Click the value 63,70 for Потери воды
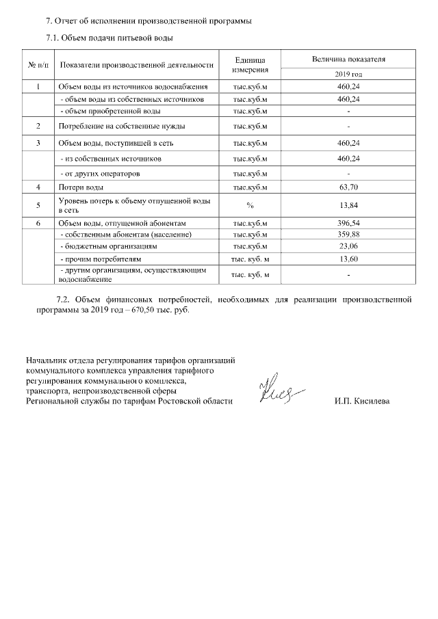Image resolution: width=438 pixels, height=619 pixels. click(348, 187)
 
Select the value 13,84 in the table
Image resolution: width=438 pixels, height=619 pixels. click(348, 205)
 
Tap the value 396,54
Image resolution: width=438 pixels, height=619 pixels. click(348, 224)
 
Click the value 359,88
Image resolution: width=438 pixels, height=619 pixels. click(348, 235)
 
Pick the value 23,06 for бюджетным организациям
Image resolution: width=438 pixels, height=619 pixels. click(348, 246)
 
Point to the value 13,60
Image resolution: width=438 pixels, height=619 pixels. click(348, 259)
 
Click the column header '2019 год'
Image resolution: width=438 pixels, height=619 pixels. click(348, 74)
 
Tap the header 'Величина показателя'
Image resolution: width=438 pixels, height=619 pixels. click(348, 60)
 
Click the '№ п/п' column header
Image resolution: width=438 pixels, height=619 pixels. click(38, 65)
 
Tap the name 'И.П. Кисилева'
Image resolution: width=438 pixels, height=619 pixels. click(362, 401)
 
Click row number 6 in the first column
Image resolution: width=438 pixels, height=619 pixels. click(38, 224)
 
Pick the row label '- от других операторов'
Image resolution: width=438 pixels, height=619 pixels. click(103, 174)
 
